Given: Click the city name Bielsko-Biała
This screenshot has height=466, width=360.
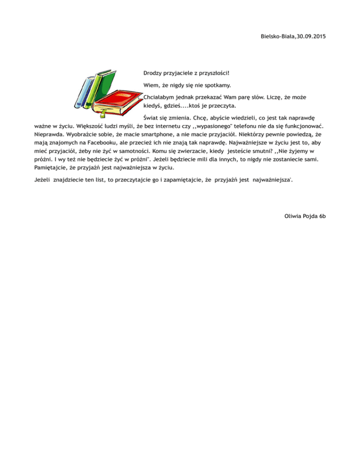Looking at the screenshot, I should pos(277,36).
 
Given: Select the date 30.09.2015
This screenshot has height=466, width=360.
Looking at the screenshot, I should pos(310,36).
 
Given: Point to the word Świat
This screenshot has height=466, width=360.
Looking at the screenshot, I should pos(151,118).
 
